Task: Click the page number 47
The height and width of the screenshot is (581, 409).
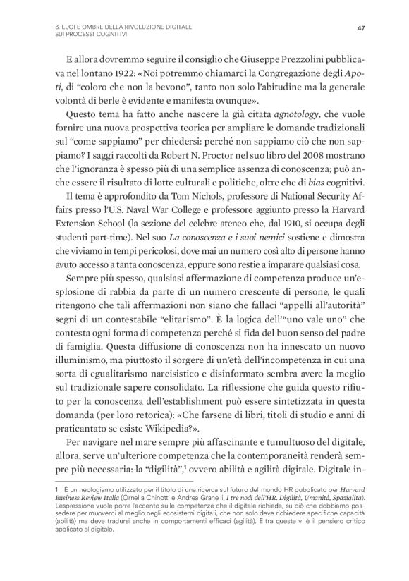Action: point(360,27)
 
